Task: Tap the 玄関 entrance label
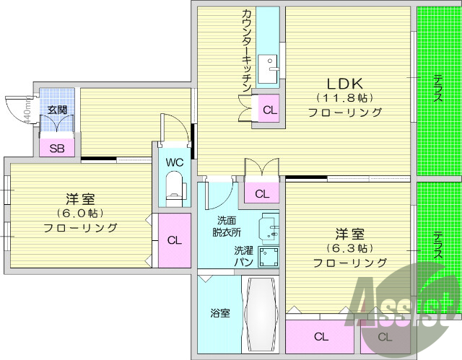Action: pyautogui.click(x=57, y=110)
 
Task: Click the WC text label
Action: pyautogui.click(x=175, y=162)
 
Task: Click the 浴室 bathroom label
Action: pyautogui.click(x=220, y=313)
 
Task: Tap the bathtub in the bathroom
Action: pyautogui.click(x=261, y=315)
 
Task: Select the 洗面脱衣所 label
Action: pyautogui.click(x=227, y=227)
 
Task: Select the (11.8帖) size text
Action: pyautogui.click(x=344, y=97)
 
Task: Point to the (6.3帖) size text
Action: pyautogui.click(x=349, y=248)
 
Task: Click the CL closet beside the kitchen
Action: pyautogui.click(x=269, y=110)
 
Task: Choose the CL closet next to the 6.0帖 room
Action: pyautogui.click(x=174, y=240)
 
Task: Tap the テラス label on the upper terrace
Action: pyautogui.click(x=437, y=88)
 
